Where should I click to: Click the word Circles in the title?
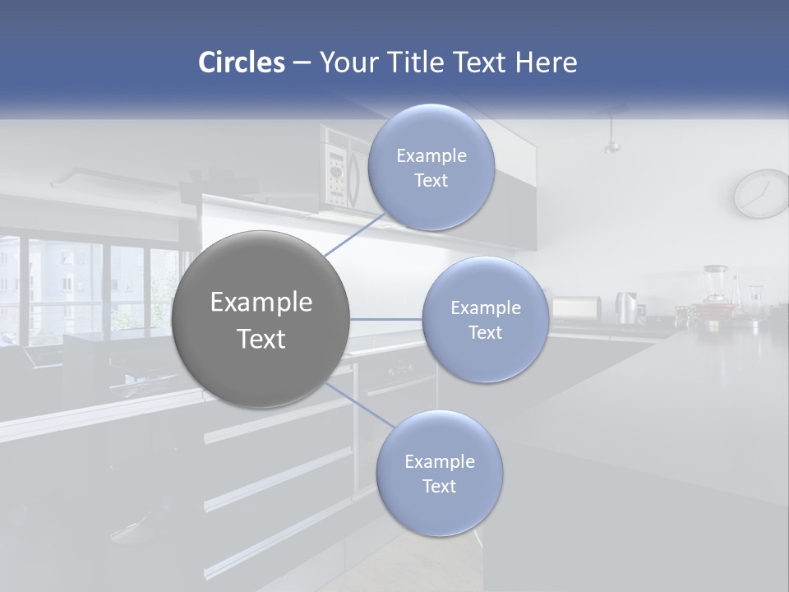pyautogui.click(x=241, y=62)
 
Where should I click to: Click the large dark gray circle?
pyautogui.click(x=261, y=319)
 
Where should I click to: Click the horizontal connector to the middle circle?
pyautogui.click(x=385, y=319)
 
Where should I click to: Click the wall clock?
pyautogui.click(x=761, y=194)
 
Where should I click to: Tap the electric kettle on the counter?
pyautogui.click(x=627, y=308)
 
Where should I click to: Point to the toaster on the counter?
pyautogui.click(x=575, y=308)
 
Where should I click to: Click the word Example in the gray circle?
pyautogui.click(x=261, y=303)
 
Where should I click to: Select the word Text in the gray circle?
pyautogui.click(x=261, y=339)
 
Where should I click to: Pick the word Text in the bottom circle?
pyautogui.click(x=439, y=486)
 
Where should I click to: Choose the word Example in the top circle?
pyautogui.click(x=431, y=155)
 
